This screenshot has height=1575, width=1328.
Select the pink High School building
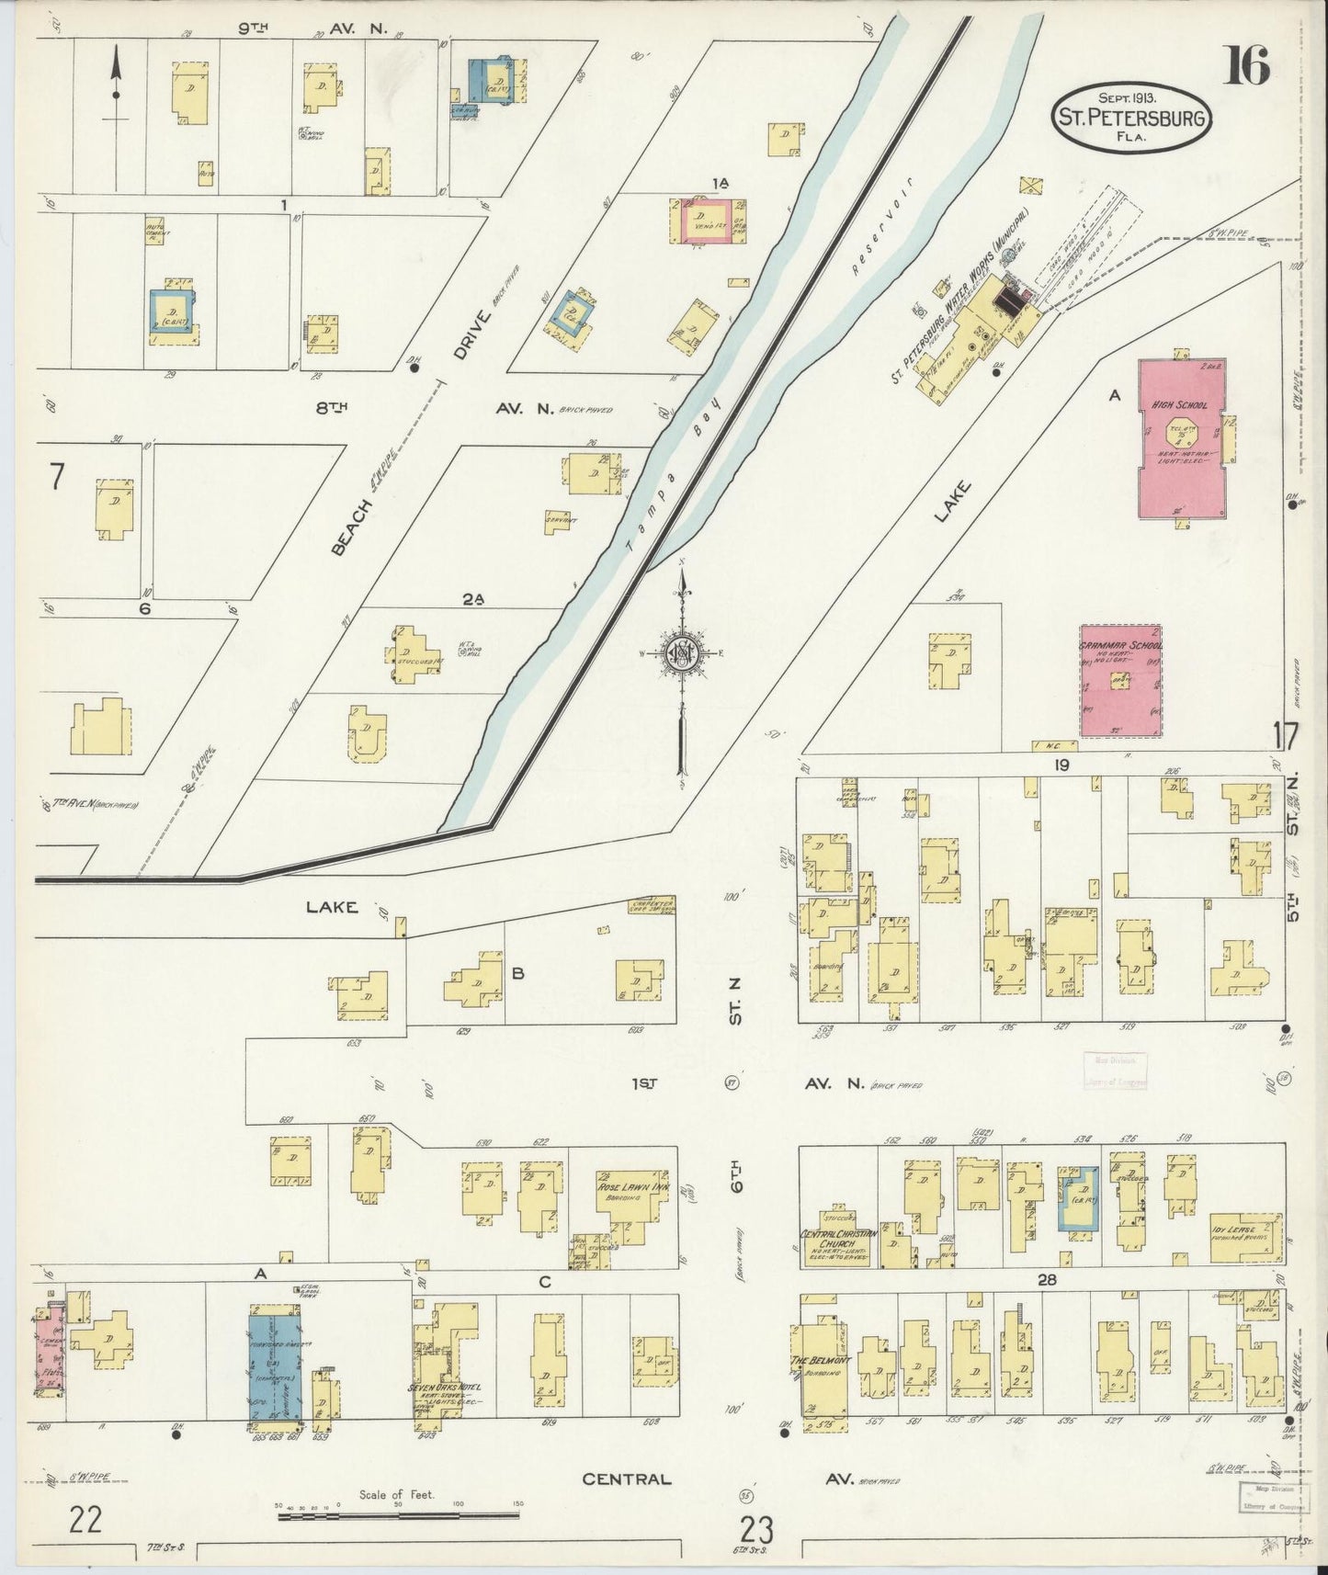pos(1183,438)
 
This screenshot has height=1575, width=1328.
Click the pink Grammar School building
pos(1120,681)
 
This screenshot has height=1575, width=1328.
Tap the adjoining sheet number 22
pos(85,1519)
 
